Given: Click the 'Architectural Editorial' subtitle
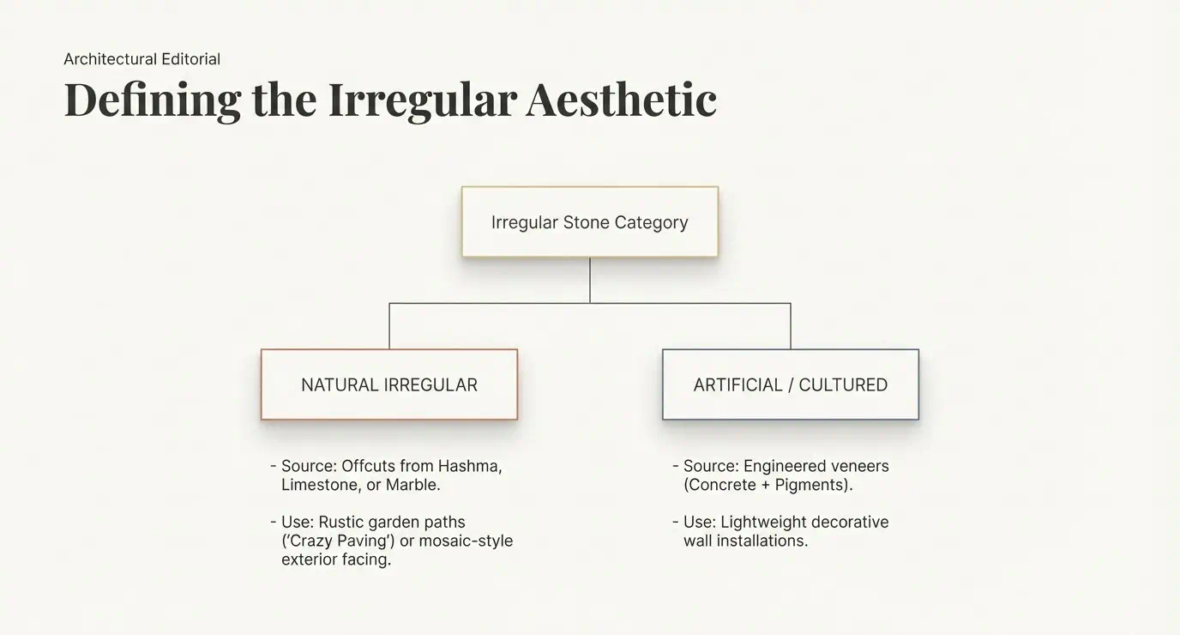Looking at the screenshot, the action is click(x=141, y=59).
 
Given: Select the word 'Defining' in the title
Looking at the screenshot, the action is click(x=153, y=100).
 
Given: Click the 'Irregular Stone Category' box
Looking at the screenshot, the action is click(x=589, y=222).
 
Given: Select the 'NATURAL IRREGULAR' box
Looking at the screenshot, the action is click(x=389, y=384).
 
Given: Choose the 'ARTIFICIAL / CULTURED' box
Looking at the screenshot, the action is click(x=790, y=384).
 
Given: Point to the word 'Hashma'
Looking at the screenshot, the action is click(x=469, y=466).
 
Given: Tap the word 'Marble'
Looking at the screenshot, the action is click(x=412, y=485).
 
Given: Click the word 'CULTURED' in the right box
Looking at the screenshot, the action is click(x=843, y=385).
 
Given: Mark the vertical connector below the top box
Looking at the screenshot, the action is click(x=589, y=280).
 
